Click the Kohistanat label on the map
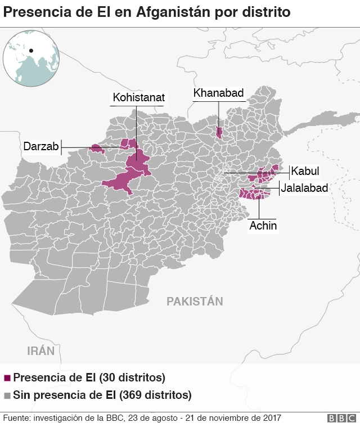pos(138,98)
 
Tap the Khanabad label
pos(219,93)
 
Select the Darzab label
pos(41,147)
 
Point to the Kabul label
pos(305,170)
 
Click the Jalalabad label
pos(304,188)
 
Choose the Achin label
pos(263,226)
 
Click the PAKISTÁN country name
pos(195,302)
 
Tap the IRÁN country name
pos(41,351)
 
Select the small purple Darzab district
pos(97,149)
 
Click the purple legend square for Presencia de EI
pos(7,377)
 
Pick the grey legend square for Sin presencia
pos(7,395)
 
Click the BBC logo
pos(341,419)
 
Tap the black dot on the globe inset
pos(31,51)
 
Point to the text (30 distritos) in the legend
pos(132,377)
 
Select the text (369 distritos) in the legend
pos(156,395)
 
